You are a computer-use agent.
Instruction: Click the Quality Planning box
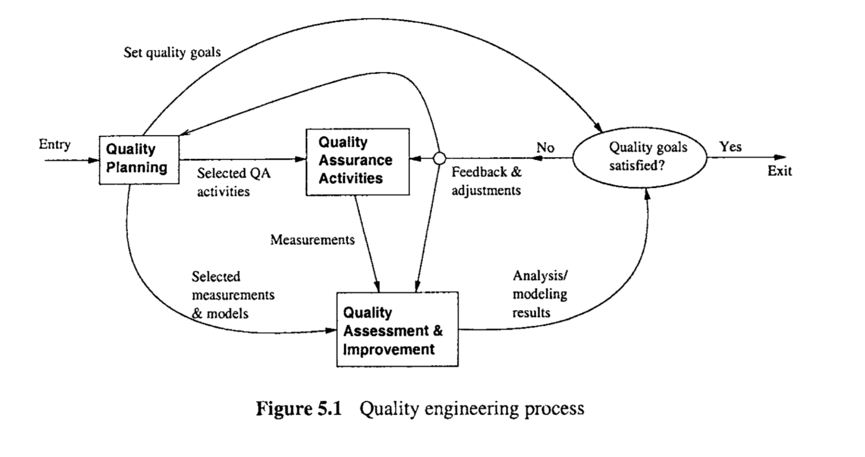[x=139, y=159]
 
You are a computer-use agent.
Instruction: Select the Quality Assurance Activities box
[x=357, y=162]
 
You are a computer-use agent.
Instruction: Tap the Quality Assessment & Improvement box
[x=397, y=330]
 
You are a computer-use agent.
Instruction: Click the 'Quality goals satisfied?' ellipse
[x=640, y=157]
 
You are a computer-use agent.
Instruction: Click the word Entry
[x=55, y=145]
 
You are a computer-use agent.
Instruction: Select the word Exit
[x=779, y=171]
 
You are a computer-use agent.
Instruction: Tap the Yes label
[x=731, y=147]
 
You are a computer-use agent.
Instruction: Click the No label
[x=545, y=148]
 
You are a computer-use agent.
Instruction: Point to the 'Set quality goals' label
[x=172, y=53]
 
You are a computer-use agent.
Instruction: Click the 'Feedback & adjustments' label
[x=487, y=181]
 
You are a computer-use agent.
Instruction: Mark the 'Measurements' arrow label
[x=313, y=240]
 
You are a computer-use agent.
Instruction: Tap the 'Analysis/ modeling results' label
[x=539, y=294]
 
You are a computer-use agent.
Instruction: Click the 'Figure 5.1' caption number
[x=299, y=409]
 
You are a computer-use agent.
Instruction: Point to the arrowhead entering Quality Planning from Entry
[x=93, y=160]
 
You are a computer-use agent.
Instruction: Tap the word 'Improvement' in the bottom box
[x=389, y=349]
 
